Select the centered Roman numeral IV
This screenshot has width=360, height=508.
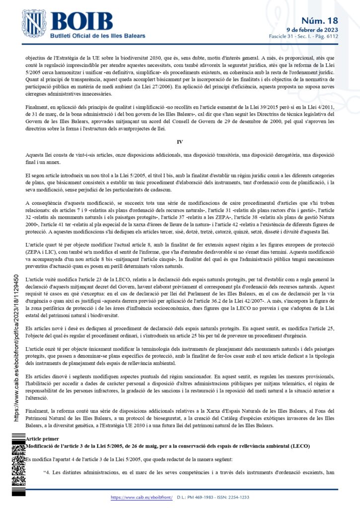pyautogui.click(x=180, y=142)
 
